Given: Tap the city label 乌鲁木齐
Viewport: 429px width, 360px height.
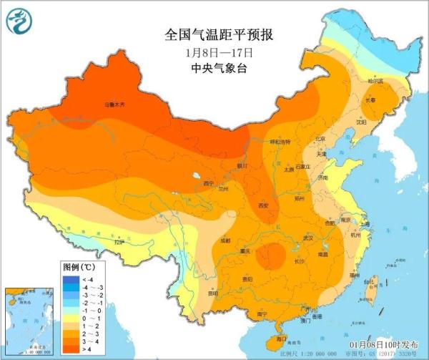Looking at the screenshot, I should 114,105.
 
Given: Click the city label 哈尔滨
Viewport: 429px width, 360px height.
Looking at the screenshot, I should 375,82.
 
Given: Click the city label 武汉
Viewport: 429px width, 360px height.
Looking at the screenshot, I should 308,237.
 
